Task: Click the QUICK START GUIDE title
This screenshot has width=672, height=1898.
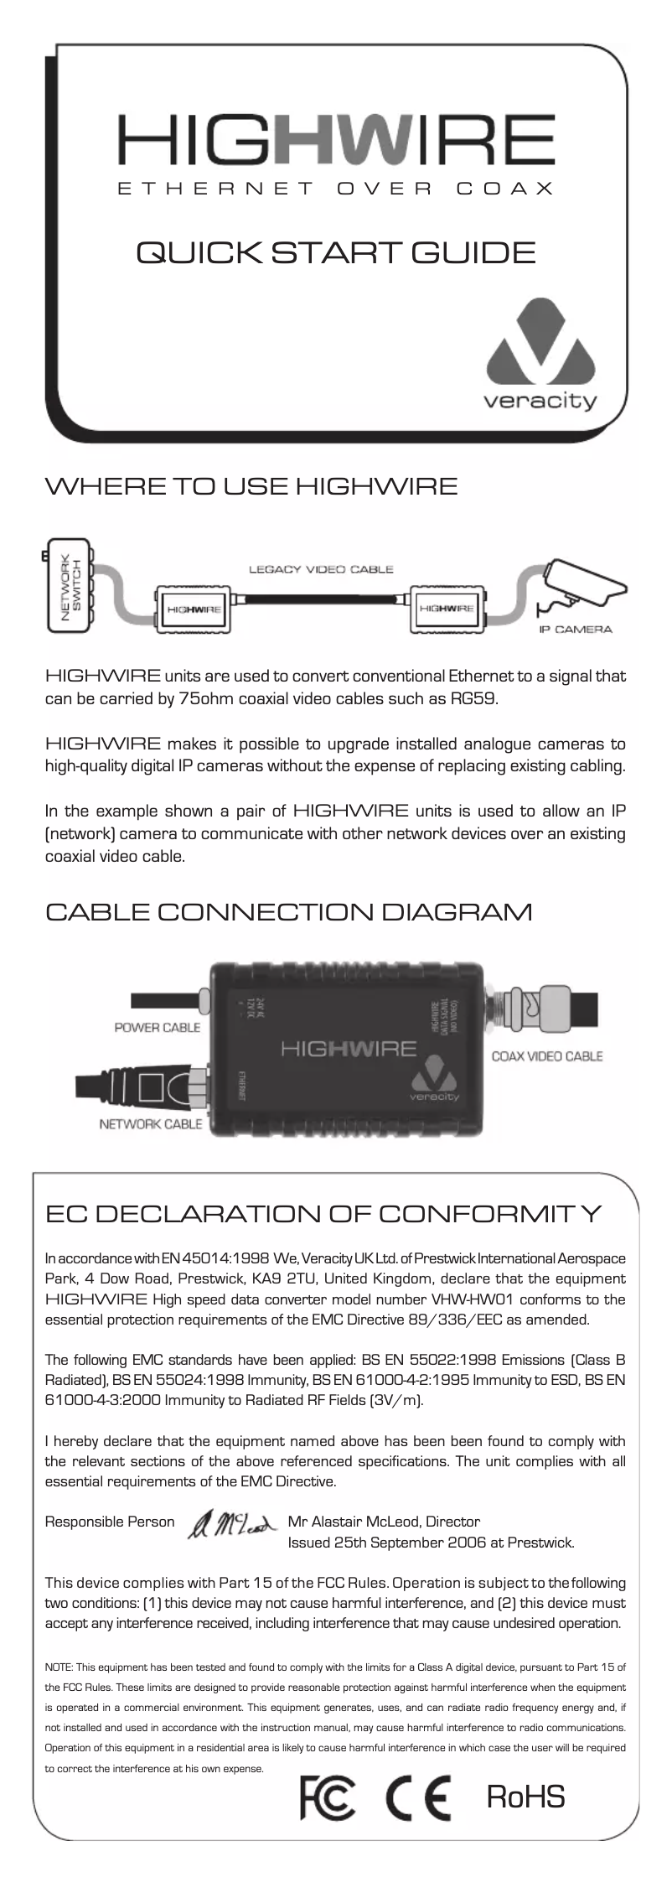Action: tap(335, 252)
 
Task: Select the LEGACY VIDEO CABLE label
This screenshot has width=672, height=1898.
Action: tap(321, 570)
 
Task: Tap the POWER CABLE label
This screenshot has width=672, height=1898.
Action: tap(157, 1028)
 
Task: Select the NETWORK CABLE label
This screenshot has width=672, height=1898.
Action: tap(151, 1124)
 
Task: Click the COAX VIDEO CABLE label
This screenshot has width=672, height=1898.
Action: tap(546, 1056)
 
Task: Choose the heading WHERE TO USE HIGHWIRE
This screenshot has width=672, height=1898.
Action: tap(251, 486)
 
